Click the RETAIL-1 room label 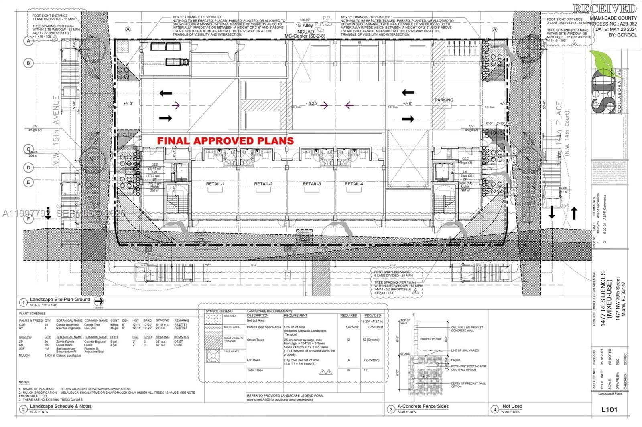[x=215, y=184]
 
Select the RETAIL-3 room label [x=312, y=184]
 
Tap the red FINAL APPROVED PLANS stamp [x=226, y=141]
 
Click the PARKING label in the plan [x=444, y=100]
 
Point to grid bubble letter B [x=28, y=63]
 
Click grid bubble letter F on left [x=28, y=219]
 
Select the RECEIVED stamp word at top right [x=604, y=9]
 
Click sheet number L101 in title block [x=609, y=409]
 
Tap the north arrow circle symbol [x=99, y=301]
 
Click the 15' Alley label [x=304, y=26]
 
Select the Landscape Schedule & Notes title [x=61, y=406]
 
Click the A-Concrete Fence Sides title [x=423, y=406]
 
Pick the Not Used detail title [x=512, y=406]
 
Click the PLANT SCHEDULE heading [x=32, y=314]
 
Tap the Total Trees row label [x=255, y=370]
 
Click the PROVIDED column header [x=372, y=316]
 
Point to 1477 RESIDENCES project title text [x=603, y=298]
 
